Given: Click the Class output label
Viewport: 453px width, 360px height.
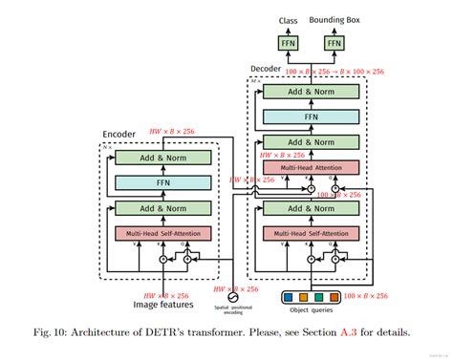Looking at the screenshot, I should coord(288,19).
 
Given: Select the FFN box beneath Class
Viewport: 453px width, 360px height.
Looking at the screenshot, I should coord(288,43).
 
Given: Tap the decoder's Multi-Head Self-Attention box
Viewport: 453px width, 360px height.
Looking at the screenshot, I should coord(310,233).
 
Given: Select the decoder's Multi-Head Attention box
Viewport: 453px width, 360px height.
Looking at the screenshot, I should coord(310,167).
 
